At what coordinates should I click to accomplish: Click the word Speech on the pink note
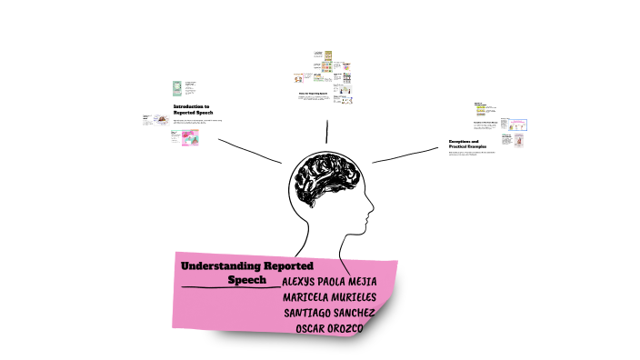(x=246, y=280)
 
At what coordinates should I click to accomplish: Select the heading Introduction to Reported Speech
(x=192, y=108)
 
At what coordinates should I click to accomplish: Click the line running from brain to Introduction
(x=249, y=151)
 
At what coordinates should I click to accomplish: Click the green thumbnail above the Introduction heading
(x=178, y=89)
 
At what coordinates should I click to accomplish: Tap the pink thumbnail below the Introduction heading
(x=193, y=137)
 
